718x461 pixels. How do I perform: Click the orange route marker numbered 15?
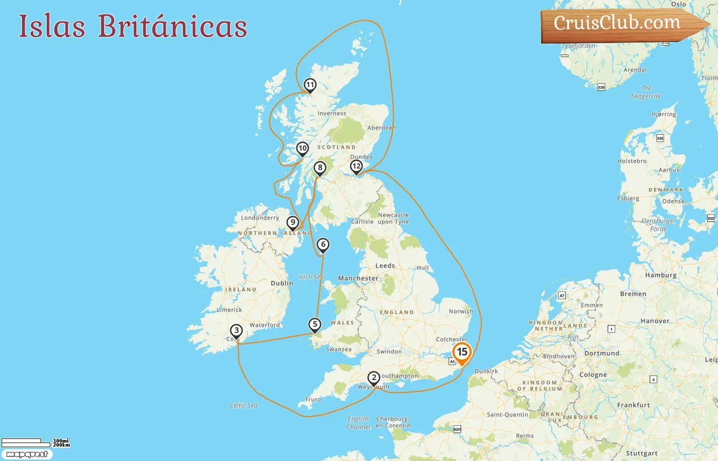coord(462,352)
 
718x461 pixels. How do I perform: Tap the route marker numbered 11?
coord(310,85)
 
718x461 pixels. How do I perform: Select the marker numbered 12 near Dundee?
coord(356,166)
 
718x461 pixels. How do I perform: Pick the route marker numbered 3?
coord(236,330)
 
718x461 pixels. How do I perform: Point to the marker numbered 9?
coord(293,223)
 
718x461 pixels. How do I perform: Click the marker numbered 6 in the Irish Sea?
coord(323,245)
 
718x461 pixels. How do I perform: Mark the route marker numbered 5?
coord(315,324)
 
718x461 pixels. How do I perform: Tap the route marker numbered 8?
coord(320,168)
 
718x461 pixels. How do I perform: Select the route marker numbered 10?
coord(303,149)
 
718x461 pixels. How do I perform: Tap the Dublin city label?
coord(282,283)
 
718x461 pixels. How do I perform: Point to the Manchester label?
coord(358,279)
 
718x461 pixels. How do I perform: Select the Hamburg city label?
coord(661,276)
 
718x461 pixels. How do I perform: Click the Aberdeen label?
coord(382,128)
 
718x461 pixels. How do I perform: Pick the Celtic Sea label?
coord(244,406)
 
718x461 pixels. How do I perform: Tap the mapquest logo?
coord(27,454)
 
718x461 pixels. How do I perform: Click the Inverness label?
coord(332,114)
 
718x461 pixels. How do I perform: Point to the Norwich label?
coord(461,311)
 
